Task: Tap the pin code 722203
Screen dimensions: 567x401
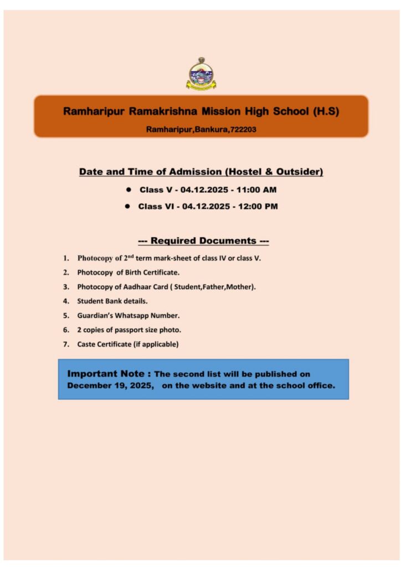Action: tap(243, 130)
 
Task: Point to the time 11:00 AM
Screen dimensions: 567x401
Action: tap(256, 190)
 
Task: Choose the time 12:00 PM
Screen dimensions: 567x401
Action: tap(258, 207)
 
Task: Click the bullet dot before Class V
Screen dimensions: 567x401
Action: tap(128, 189)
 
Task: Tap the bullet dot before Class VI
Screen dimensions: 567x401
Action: tap(127, 206)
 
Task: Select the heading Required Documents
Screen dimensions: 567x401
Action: tap(203, 241)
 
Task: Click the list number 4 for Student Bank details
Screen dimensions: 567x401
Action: tap(65, 301)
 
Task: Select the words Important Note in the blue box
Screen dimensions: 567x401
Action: tap(109, 374)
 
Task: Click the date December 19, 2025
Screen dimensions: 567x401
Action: tap(110, 386)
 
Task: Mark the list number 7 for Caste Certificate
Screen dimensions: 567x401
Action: tap(65, 344)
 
